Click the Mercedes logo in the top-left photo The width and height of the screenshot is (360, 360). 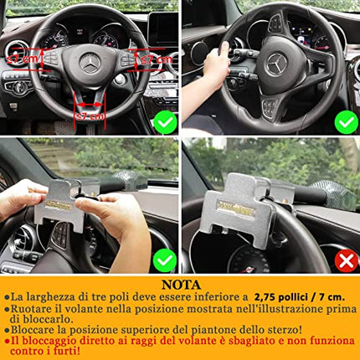pyautogui.click(x=90, y=62)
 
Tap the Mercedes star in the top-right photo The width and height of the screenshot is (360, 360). pyautogui.click(x=276, y=63)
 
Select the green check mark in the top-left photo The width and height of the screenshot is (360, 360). pyautogui.click(x=166, y=122)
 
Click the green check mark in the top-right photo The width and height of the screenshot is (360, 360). pyautogui.click(x=346, y=122)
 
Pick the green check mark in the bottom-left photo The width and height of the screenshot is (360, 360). pyautogui.click(x=165, y=260)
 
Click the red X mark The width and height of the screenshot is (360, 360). pyautogui.click(x=346, y=260)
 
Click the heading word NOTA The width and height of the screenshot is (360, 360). pyautogui.click(x=180, y=284)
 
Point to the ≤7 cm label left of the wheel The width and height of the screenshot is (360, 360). pyautogui.click(x=23, y=59)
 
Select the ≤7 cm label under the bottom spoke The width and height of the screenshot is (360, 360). pyautogui.click(x=90, y=116)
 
